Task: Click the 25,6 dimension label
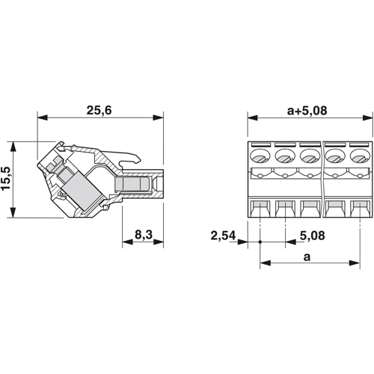(99, 110)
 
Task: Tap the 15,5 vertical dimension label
(7, 179)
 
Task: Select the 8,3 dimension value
(144, 235)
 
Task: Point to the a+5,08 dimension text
(307, 111)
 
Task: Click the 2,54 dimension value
(223, 236)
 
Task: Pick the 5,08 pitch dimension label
(312, 236)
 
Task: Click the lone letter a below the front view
(307, 257)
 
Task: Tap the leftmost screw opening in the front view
(260, 156)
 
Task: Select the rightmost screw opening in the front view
(360, 156)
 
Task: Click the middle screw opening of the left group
(285, 156)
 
